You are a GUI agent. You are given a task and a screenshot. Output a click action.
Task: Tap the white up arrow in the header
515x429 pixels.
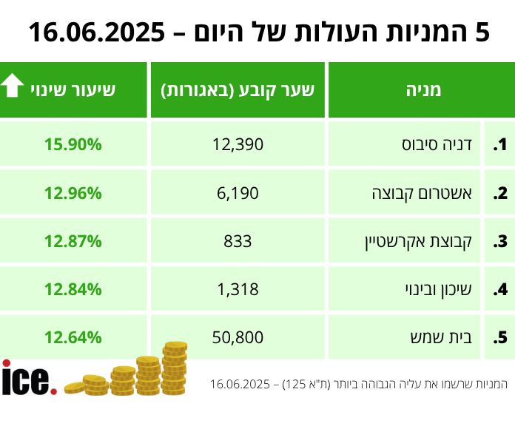click(13, 87)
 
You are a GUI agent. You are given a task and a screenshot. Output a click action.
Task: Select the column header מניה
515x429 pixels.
click(423, 90)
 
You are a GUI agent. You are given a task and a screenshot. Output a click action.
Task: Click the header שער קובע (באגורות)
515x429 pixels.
click(238, 90)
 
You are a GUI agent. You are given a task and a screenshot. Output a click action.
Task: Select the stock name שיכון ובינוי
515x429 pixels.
click(441, 289)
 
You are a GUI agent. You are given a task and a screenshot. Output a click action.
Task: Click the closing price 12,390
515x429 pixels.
click(238, 145)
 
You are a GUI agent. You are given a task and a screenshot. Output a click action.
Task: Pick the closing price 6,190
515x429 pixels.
click(238, 194)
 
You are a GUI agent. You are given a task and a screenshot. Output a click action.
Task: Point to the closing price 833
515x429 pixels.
click(238, 241)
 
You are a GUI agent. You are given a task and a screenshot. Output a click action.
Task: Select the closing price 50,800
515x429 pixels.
click(238, 338)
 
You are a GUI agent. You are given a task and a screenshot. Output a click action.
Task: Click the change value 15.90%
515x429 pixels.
click(73, 145)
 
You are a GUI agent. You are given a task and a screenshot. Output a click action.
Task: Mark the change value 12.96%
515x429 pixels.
click(73, 194)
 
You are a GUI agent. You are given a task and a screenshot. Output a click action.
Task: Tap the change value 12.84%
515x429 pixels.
click(73, 289)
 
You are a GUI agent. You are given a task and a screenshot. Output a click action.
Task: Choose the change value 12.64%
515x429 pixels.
click(73, 338)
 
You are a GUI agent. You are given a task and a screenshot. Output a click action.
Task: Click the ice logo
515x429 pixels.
click(28, 379)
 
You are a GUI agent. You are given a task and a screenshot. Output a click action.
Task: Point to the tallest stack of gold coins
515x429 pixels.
click(175, 368)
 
